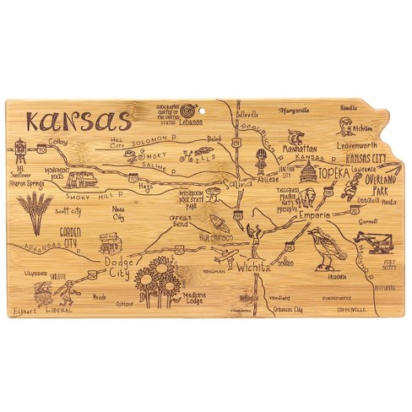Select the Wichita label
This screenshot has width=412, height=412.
click(253, 267)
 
